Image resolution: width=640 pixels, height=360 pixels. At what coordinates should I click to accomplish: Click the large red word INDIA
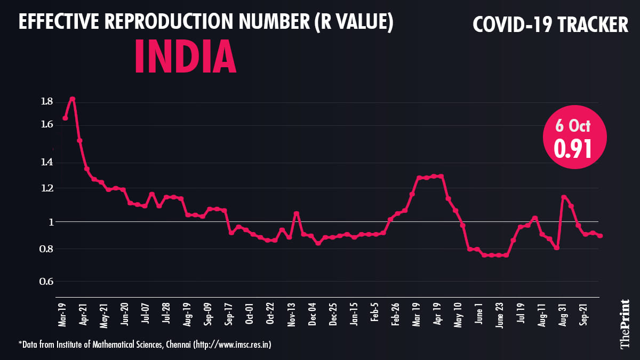pos(185,56)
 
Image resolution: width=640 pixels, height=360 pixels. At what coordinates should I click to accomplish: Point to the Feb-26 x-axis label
pos(396,314)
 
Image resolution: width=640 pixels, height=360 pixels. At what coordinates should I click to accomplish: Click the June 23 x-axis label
pos(499,314)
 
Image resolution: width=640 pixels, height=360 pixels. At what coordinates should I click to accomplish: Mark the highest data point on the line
pos(73,99)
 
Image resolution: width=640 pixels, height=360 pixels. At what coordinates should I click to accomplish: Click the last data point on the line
pos(600,236)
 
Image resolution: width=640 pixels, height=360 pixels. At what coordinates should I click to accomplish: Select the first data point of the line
pos(65,118)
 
